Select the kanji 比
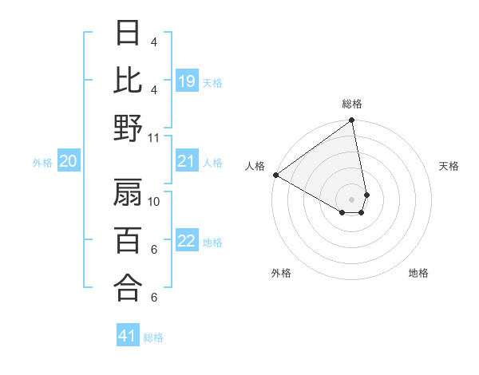click(128, 81)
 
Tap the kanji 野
click(128, 129)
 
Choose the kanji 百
click(128, 240)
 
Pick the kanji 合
click(128, 288)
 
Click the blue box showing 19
click(187, 81)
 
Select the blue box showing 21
click(187, 162)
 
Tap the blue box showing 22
click(187, 242)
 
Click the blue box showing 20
click(68, 162)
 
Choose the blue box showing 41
click(128, 336)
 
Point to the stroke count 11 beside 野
click(155, 138)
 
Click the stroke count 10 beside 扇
click(155, 202)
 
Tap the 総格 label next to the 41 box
click(153, 337)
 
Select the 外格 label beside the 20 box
click(42, 163)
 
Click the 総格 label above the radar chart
click(352, 104)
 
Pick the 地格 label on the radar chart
click(418, 273)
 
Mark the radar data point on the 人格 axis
click(275, 175)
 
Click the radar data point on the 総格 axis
click(352, 121)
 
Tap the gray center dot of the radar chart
click(352, 198)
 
